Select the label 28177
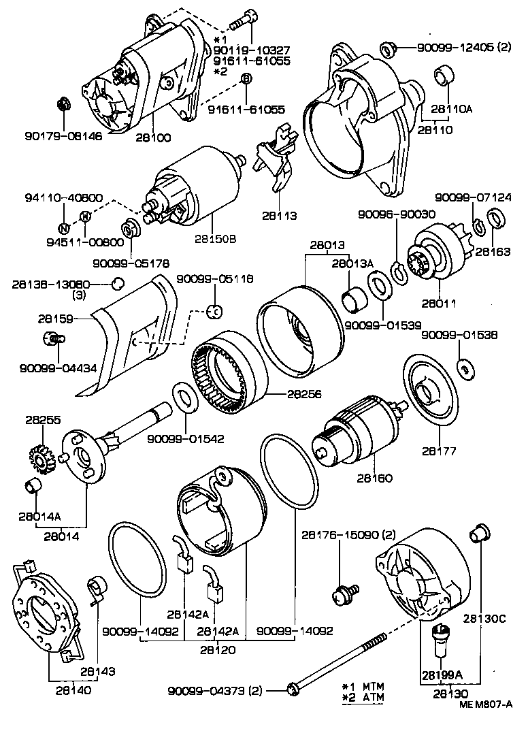pyautogui.click(x=440, y=450)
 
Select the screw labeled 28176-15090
pyautogui.click(x=340, y=596)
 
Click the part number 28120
pyautogui.click(x=217, y=649)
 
